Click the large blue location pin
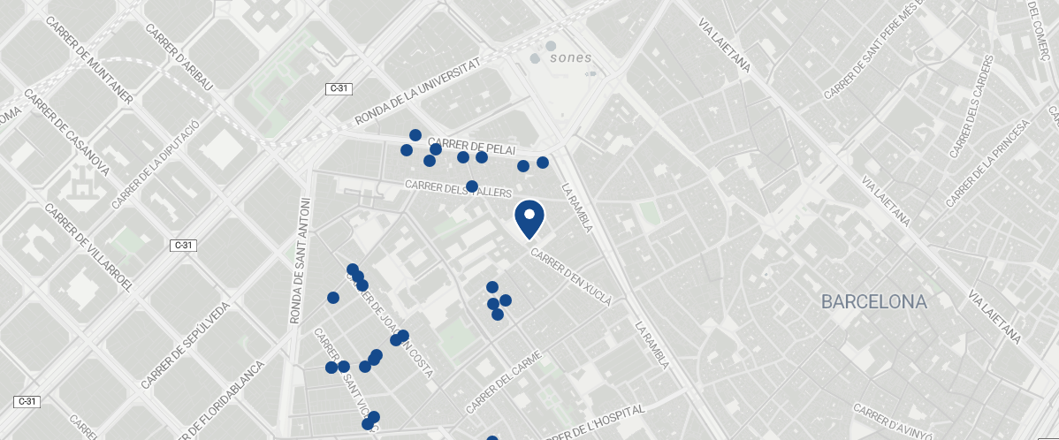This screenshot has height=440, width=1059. (x=529, y=218)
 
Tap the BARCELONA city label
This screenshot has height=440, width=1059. (x=873, y=302)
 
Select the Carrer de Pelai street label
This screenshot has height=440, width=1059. (x=470, y=146)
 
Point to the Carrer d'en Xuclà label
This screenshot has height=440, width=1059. (x=571, y=277)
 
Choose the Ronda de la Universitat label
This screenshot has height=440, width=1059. (x=417, y=92)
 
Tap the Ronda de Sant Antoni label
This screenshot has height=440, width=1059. (x=301, y=261)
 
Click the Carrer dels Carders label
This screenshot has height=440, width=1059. (x=971, y=107)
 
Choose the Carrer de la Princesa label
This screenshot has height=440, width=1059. (x=988, y=165)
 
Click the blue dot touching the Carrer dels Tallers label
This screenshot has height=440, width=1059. (x=472, y=186)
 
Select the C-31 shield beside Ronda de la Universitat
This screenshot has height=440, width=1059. (x=339, y=88)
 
